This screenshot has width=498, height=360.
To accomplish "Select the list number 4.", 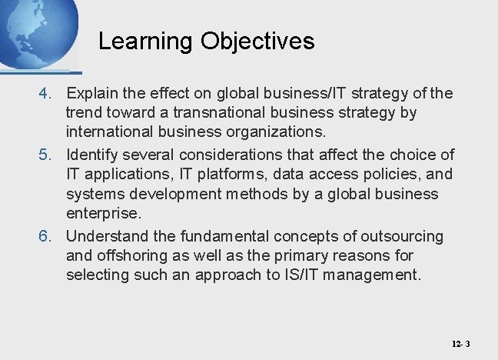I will tap(47, 94).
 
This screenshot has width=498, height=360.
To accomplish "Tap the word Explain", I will tap(93, 94).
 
